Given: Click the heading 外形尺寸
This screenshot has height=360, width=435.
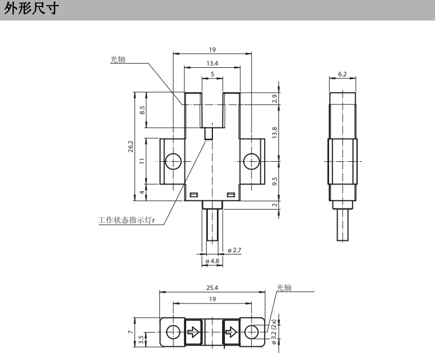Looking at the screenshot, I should (31, 10).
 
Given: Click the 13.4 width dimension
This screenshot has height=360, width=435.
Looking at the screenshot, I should (212, 63).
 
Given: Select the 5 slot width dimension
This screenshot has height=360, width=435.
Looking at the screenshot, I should (212, 75).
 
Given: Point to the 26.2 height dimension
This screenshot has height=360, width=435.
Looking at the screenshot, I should (131, 146).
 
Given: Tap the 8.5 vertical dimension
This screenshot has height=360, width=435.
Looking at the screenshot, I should (142, 110).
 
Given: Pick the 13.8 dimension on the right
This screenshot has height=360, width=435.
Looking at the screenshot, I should (274, 133).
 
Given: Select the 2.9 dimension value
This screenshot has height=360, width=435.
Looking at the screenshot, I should (274, 99).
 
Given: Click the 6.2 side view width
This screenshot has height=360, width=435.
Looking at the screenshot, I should (342, 74).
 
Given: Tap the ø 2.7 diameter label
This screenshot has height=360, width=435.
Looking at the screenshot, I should (234, 250).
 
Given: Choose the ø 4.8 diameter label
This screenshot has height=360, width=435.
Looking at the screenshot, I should (212, 261).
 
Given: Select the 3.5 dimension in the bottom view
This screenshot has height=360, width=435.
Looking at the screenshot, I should (142, 339).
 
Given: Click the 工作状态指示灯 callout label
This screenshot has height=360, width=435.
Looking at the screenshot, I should (126, 219).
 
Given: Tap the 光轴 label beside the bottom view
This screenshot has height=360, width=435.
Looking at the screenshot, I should (284, 288).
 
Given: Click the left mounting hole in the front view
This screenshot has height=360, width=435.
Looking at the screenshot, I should (173, 162).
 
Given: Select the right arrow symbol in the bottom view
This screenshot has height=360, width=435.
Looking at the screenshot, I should (231, 332).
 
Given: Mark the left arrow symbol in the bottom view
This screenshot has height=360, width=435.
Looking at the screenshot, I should (194, 332).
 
